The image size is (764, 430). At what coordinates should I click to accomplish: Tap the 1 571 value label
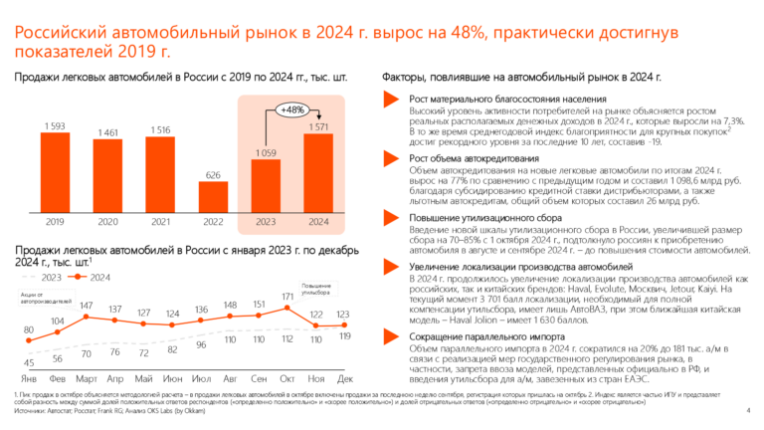pyautogui.click(x=319, y=126)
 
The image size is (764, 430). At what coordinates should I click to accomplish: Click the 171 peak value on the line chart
pyautogui.click(x=287, y=296)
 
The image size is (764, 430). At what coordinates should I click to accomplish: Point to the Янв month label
pyautogui.click(x=29, y=379)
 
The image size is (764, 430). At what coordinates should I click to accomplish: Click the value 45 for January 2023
pyautogui.click(x=29, y=362)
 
